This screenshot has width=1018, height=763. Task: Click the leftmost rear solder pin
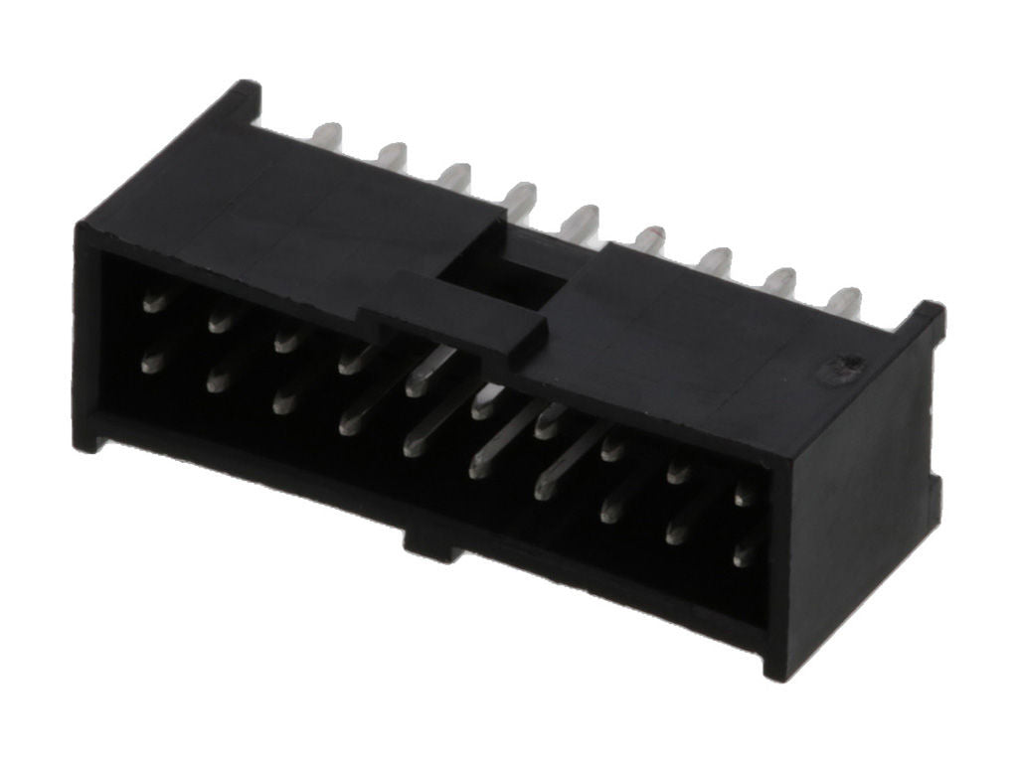coord(327,136)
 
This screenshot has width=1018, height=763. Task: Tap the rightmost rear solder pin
coord(846,301)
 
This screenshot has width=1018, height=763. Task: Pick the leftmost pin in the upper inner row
coord(154,301)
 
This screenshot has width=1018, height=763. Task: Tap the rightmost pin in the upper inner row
coord(744,493)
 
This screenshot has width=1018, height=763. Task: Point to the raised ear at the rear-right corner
coord(926,323)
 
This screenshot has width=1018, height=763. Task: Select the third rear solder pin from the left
coord(454,177)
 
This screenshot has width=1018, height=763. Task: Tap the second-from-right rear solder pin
coord(780,281)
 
